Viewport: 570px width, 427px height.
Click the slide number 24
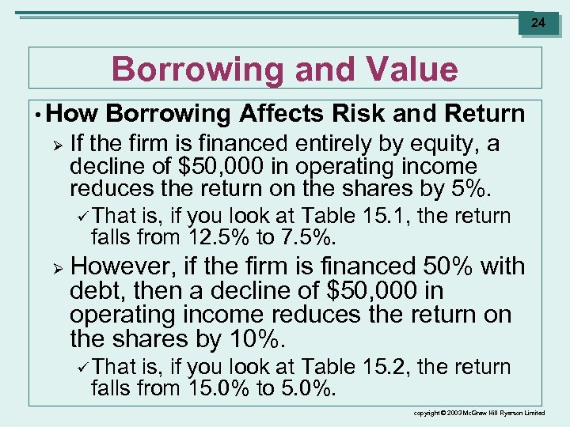pos(538,23)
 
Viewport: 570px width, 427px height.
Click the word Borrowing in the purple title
pos(197,70)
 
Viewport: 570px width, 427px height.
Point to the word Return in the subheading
pos(484,114)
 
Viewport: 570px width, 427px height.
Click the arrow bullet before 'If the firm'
pos(55,145)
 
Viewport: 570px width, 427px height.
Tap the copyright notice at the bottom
pos(480,414)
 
